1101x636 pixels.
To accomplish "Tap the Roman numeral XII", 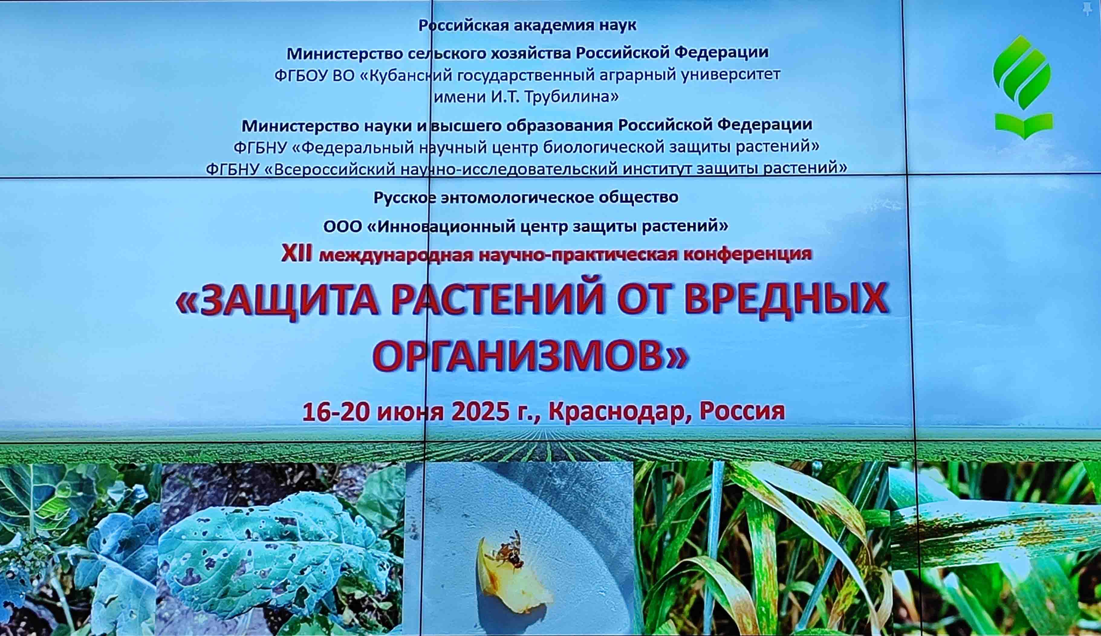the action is click(x=296, y=254).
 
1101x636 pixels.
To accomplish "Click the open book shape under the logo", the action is click(x=1024, y=126).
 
